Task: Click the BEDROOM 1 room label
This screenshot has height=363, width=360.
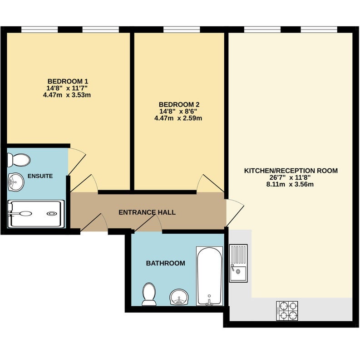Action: coord(68,82)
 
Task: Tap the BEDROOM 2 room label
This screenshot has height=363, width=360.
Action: coord(179,105)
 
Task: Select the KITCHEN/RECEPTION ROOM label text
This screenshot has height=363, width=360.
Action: coord(291,171)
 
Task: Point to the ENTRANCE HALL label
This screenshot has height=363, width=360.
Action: coord(147,212)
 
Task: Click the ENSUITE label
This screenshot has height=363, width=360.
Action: coord(40,176)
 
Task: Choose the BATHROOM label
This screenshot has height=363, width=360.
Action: coord(165,263)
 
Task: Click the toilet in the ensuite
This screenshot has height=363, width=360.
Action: coord(19,160)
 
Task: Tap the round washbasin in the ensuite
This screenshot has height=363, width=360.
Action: coord(16,182)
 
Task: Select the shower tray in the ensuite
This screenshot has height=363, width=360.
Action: coord(36,214)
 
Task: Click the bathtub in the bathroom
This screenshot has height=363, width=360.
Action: coord(209,276)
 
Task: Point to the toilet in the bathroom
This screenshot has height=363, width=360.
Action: coord(149,294)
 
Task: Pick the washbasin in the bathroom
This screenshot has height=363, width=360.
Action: coord(179,297)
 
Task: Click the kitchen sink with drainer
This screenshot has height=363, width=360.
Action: coord(238,263)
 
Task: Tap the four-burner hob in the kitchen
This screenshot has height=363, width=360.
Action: coord(287,311)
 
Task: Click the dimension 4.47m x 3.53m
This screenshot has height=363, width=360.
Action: coord(67,95)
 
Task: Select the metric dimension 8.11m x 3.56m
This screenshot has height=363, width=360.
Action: coord(290,184)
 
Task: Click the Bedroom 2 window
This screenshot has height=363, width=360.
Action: coord(182,29)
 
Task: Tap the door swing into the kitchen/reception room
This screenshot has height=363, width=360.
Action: coord(235,212)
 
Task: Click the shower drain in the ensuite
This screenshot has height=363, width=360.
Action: coord(51,214)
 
